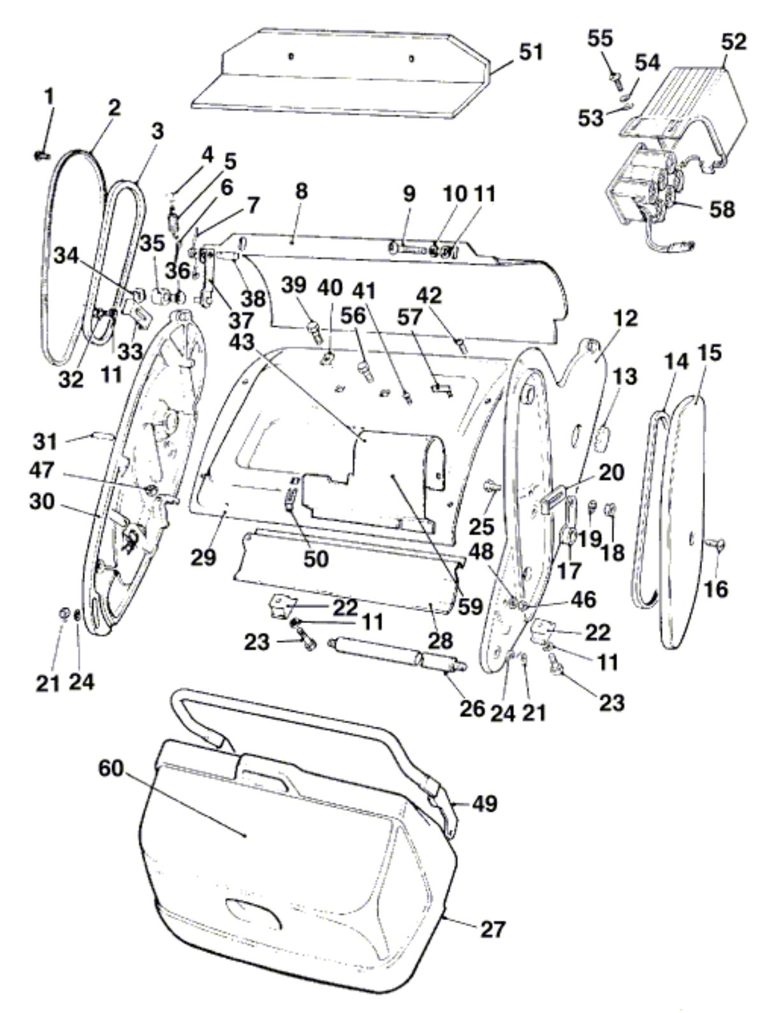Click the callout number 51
[x=530, y=52]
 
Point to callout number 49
[x=485, y=803]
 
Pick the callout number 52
[x=734, y=42]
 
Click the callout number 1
[x=49, y=96]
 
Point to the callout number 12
[x=625, y=319]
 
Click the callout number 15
[x=709, y=354]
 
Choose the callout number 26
[x=472, y=708]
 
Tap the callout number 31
[x=45, y=442]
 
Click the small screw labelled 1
[x=40, y=156]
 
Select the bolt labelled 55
[x=617, y=82]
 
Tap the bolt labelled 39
[x=316, y=332]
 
